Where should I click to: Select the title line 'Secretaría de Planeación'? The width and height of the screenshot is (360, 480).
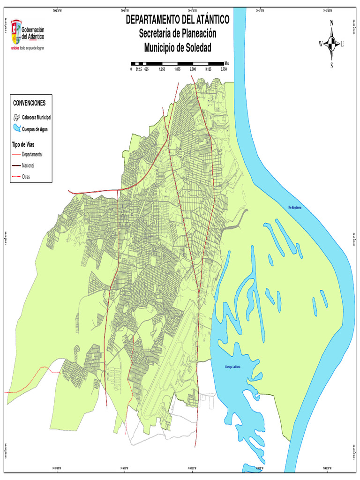tap(178, 34)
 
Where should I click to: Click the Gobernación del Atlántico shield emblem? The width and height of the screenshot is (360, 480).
tap(16, 31)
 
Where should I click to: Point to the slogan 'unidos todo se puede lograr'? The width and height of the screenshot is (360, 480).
tap(30, 48)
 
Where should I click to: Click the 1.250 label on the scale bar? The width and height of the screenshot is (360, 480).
tap(162, 69)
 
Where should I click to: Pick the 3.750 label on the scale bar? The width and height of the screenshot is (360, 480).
tap(224, 69)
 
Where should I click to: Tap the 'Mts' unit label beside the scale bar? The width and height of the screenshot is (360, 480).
tap(226, 63)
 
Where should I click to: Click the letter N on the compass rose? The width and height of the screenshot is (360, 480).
tap(332, 22)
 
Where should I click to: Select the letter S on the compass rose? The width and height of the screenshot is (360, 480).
tap(332, 66)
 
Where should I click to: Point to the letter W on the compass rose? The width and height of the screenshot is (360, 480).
tap(321, 44)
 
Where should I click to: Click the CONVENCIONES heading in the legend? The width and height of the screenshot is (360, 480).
tap(29, 103)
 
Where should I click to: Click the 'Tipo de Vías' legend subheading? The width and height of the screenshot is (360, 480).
tap(23, 144)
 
